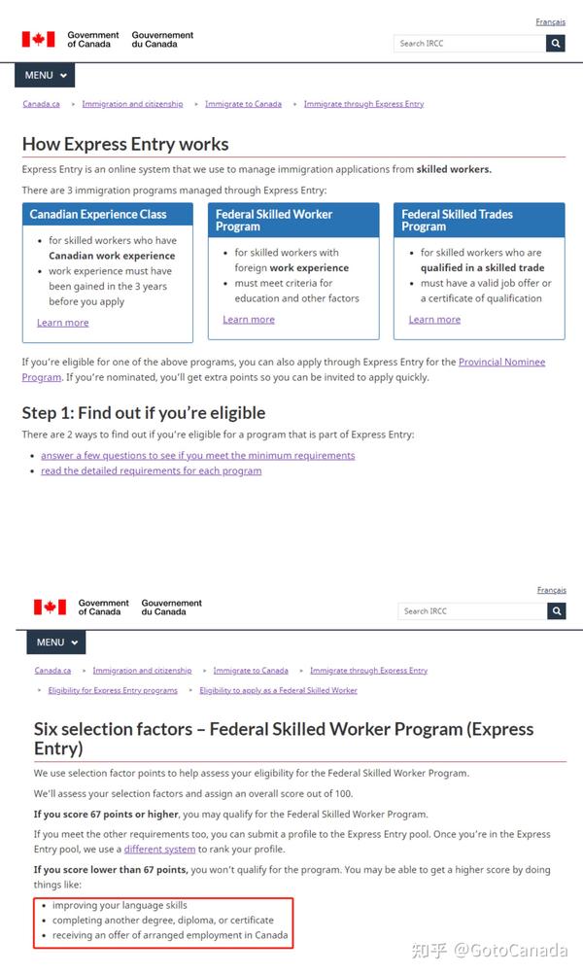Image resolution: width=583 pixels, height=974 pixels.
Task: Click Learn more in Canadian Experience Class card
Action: [62, 323]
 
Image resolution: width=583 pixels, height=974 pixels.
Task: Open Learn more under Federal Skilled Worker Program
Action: [249, 319]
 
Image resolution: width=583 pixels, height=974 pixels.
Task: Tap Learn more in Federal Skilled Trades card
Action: [434, 319]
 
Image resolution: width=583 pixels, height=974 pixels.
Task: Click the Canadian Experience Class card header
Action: [107, 215]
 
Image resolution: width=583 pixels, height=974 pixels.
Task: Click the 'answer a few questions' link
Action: [197, 455]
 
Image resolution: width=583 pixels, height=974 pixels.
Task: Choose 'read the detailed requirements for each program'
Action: [151, 470]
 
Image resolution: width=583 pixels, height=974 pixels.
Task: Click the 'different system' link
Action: [159, 849]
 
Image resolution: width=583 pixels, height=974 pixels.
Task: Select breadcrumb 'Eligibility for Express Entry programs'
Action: [113, 690]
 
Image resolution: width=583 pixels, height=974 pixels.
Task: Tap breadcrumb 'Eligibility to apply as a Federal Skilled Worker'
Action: [278, 690]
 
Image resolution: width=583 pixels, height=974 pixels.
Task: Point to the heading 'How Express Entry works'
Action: [125, 144]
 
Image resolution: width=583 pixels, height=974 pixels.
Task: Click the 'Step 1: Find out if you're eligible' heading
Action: [144, 412]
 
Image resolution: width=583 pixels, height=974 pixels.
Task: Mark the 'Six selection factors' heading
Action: [284, 738]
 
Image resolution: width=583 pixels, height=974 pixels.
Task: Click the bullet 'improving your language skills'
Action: [120, 905]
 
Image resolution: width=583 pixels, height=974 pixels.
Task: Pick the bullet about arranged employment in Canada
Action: [170, 936]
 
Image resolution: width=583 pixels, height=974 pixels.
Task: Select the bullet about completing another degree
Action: [163, 920]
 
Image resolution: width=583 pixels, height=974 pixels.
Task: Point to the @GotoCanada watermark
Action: [521, 950]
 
